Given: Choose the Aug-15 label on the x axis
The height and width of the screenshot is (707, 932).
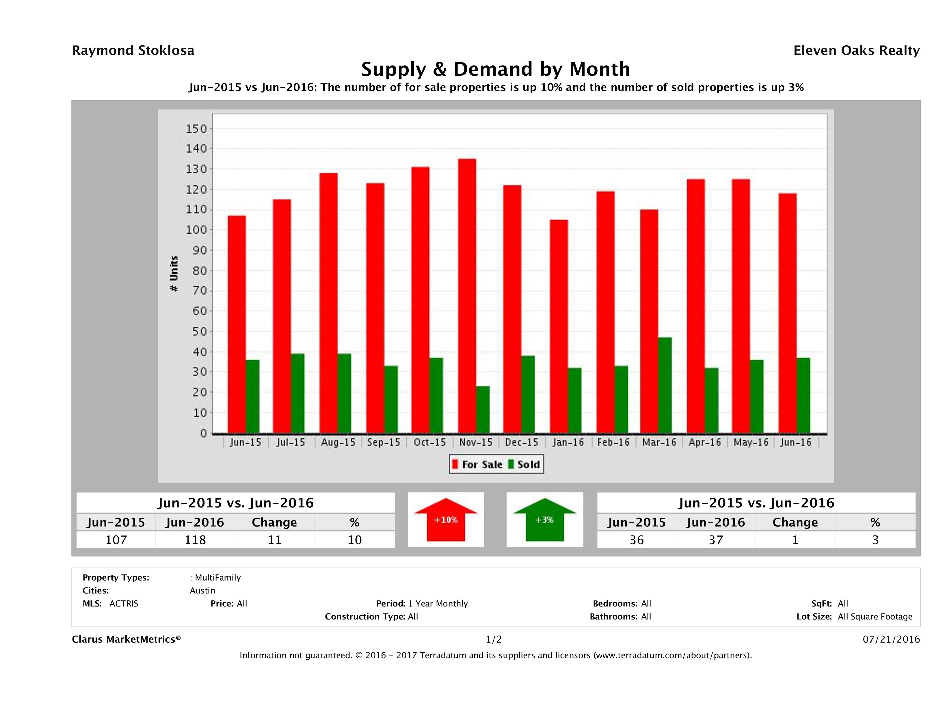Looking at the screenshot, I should click(338, 442).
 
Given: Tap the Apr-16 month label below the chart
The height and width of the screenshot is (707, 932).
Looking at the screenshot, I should click(704, 442).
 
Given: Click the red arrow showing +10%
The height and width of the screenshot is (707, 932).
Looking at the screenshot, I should click(446, 520).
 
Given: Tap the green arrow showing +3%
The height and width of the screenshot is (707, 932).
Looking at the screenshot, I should click(544, 520).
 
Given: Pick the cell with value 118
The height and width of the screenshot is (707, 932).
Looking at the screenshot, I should click(195, 540).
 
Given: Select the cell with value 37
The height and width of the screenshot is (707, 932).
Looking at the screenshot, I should click(716, 540).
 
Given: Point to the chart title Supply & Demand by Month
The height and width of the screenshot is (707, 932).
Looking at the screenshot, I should click(496, 69).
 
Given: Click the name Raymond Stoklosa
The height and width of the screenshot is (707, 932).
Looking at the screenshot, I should click(133, 51).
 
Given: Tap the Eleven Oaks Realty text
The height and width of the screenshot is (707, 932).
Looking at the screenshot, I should click(856, 51).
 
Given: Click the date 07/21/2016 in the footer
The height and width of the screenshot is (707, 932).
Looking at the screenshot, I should click(891, 639).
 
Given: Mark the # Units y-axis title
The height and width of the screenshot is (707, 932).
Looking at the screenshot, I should click(174, 274).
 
